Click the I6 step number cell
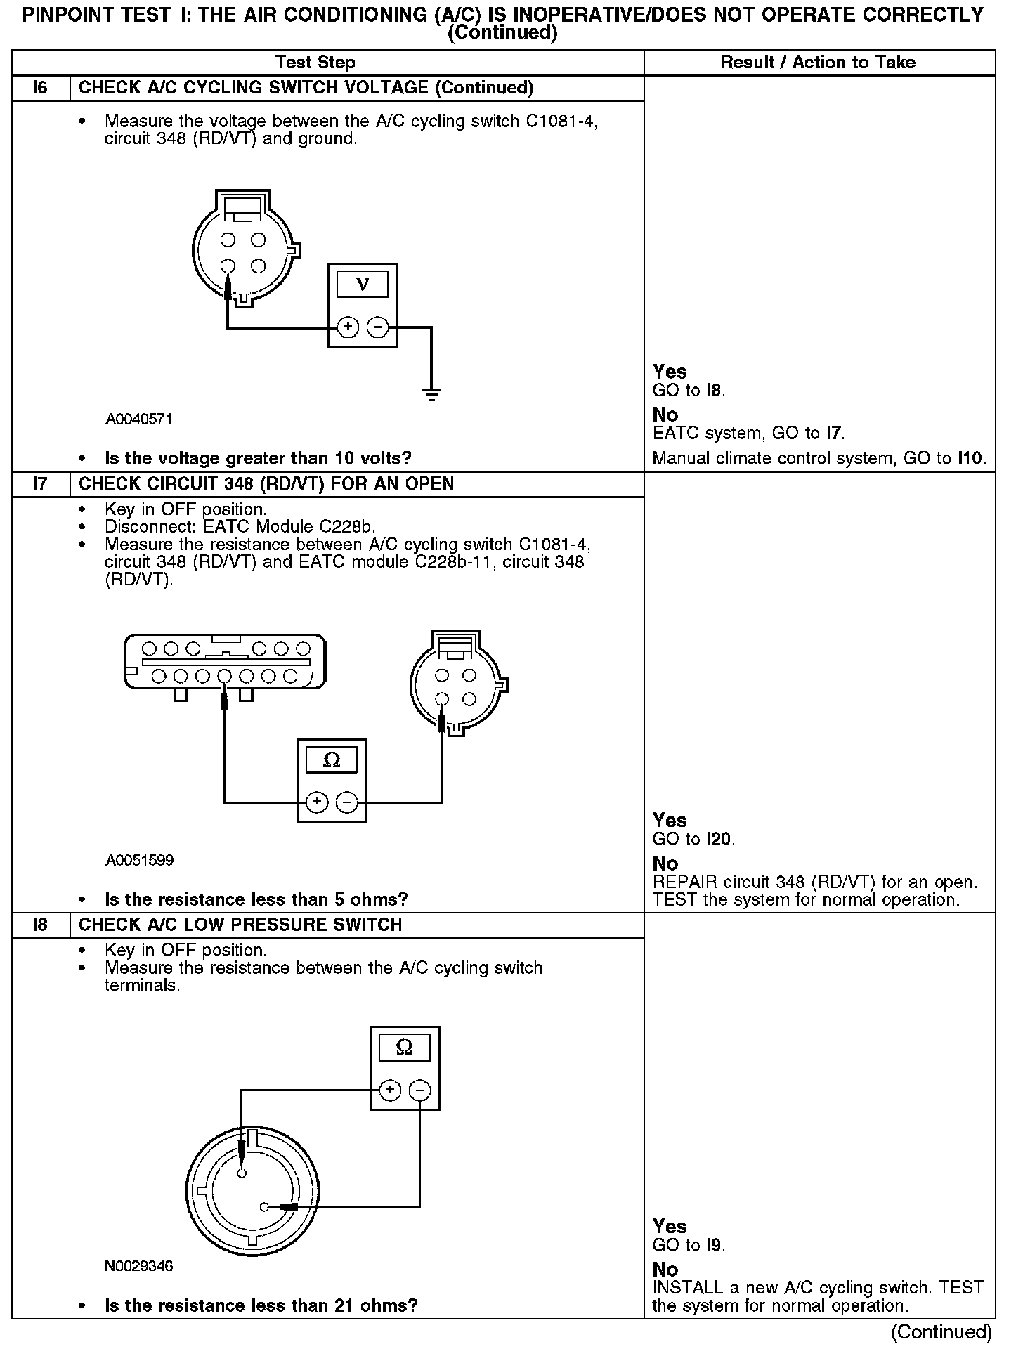[41, 88]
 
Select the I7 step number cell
[41, 484]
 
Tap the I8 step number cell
[41, 925]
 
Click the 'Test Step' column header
[315, 63]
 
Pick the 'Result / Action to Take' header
[819, 63]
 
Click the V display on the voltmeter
[363, 285]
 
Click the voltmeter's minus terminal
[378, 327]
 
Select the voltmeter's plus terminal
[348, 327]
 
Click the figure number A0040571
[139, 419]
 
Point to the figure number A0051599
[139, 861]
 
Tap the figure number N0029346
[139, 1266]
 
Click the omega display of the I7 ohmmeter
[331, 760]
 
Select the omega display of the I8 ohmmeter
[405, 1048]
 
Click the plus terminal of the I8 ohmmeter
[390, 1090]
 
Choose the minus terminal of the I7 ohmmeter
[346, 802]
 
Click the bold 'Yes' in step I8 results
[670, 1227]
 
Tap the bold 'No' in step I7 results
[665, 864]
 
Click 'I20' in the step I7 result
[719, 840]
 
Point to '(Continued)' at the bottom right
[941, 1332]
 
